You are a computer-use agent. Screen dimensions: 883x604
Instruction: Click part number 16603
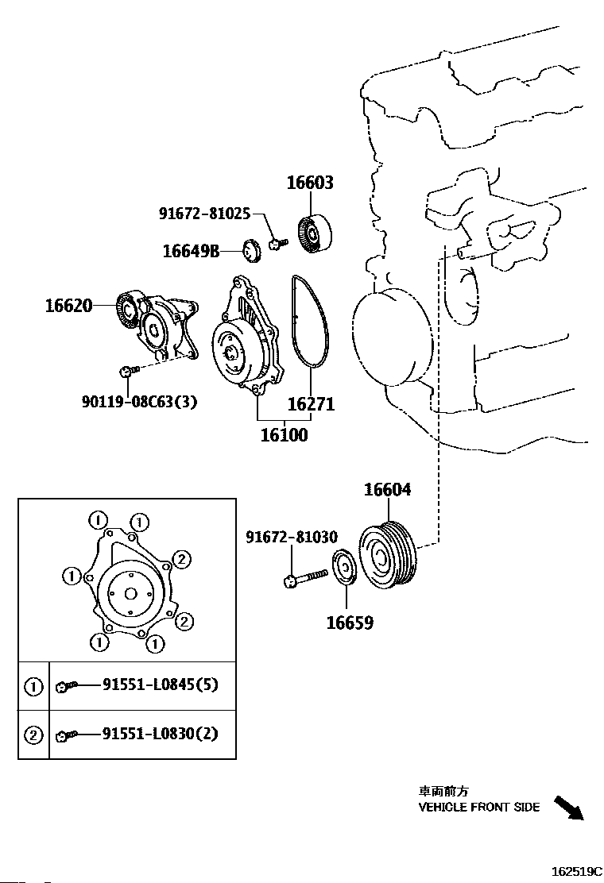[310, 183]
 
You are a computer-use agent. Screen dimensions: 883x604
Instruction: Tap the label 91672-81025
[204, 214]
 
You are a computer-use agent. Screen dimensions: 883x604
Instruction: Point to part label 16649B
[191, 252]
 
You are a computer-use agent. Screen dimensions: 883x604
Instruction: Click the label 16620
[68, 305]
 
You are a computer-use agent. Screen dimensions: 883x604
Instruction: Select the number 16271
[311, 404]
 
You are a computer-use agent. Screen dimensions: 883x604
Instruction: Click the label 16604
[388, 490]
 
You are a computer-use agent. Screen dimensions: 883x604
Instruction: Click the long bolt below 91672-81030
[305, 576]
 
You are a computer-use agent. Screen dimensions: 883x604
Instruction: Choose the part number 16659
[350, 622]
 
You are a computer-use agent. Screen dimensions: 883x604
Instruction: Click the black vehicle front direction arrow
[568, 807]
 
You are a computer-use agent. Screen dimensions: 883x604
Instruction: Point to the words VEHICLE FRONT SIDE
[479, 808]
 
